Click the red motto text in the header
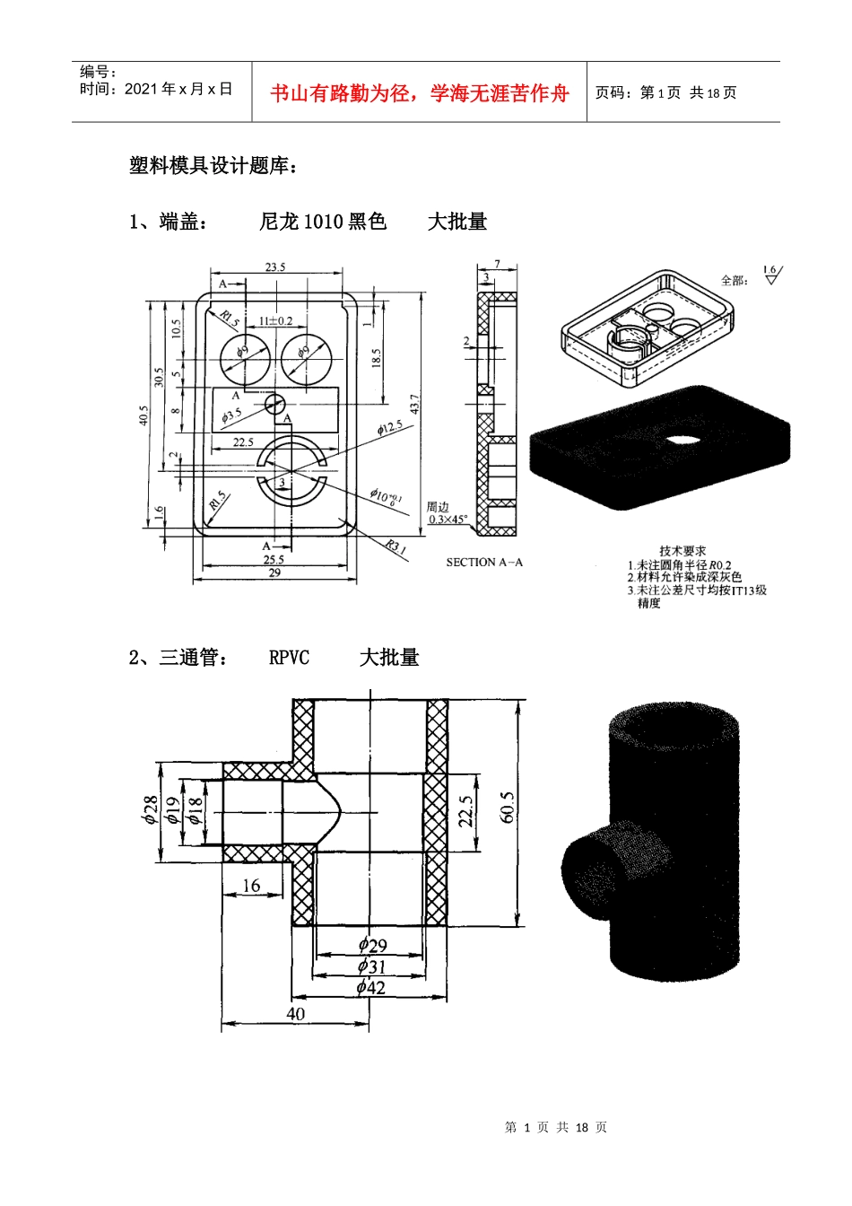coord(419,92)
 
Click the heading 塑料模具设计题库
coord(213,165)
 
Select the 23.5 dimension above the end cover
coord(275,267)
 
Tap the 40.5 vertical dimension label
coord(143,415)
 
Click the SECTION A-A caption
coord(483,563)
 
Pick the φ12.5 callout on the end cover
coord(389,428)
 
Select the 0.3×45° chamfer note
coord(447,520)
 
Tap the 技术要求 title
coord(682,550)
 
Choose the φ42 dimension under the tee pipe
coord(370,987)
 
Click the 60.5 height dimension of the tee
coord(508,808)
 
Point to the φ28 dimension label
coord(151,810)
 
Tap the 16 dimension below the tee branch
coord(251,886)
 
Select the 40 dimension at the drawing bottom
coord(295,1014)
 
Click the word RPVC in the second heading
coord(289,658)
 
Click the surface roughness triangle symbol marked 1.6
coord(770,276)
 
